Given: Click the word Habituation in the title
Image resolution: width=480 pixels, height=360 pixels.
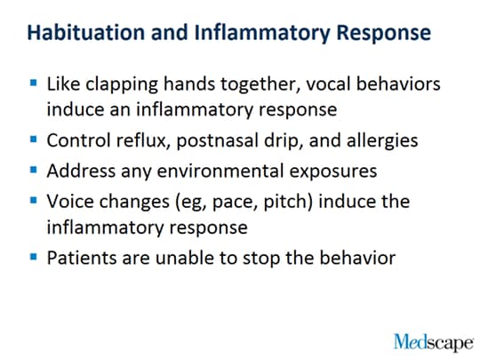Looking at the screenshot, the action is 86,32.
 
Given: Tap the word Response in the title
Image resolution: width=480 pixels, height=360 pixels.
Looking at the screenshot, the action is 384,34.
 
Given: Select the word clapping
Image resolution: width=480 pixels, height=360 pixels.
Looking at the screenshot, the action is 122,84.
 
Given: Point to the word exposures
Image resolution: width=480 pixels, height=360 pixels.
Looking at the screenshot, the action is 333,172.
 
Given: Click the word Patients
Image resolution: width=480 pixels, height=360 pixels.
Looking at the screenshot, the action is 82,258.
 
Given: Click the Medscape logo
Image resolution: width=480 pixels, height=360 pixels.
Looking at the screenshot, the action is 434,342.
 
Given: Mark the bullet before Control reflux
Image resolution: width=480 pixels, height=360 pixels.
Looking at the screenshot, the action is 34,140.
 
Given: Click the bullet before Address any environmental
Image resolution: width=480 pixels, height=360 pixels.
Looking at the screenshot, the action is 34,169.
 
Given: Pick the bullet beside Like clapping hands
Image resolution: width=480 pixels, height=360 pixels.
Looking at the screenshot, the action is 34,83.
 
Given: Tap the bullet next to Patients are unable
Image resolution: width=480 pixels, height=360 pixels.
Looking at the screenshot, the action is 34,256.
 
